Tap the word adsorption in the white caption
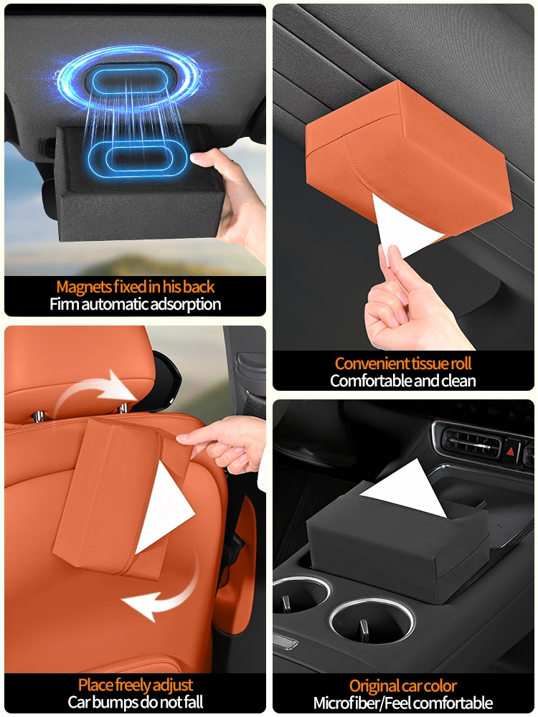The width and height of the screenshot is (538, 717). tap(186, 305)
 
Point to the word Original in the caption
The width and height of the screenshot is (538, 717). tap(375, 686)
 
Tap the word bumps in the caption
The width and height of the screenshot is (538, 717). tap(117, 702)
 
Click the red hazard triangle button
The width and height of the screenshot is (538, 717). tap(511, 452)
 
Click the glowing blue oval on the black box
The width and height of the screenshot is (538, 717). tap(137, 158)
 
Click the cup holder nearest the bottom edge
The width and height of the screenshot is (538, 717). tap(372, 620)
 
